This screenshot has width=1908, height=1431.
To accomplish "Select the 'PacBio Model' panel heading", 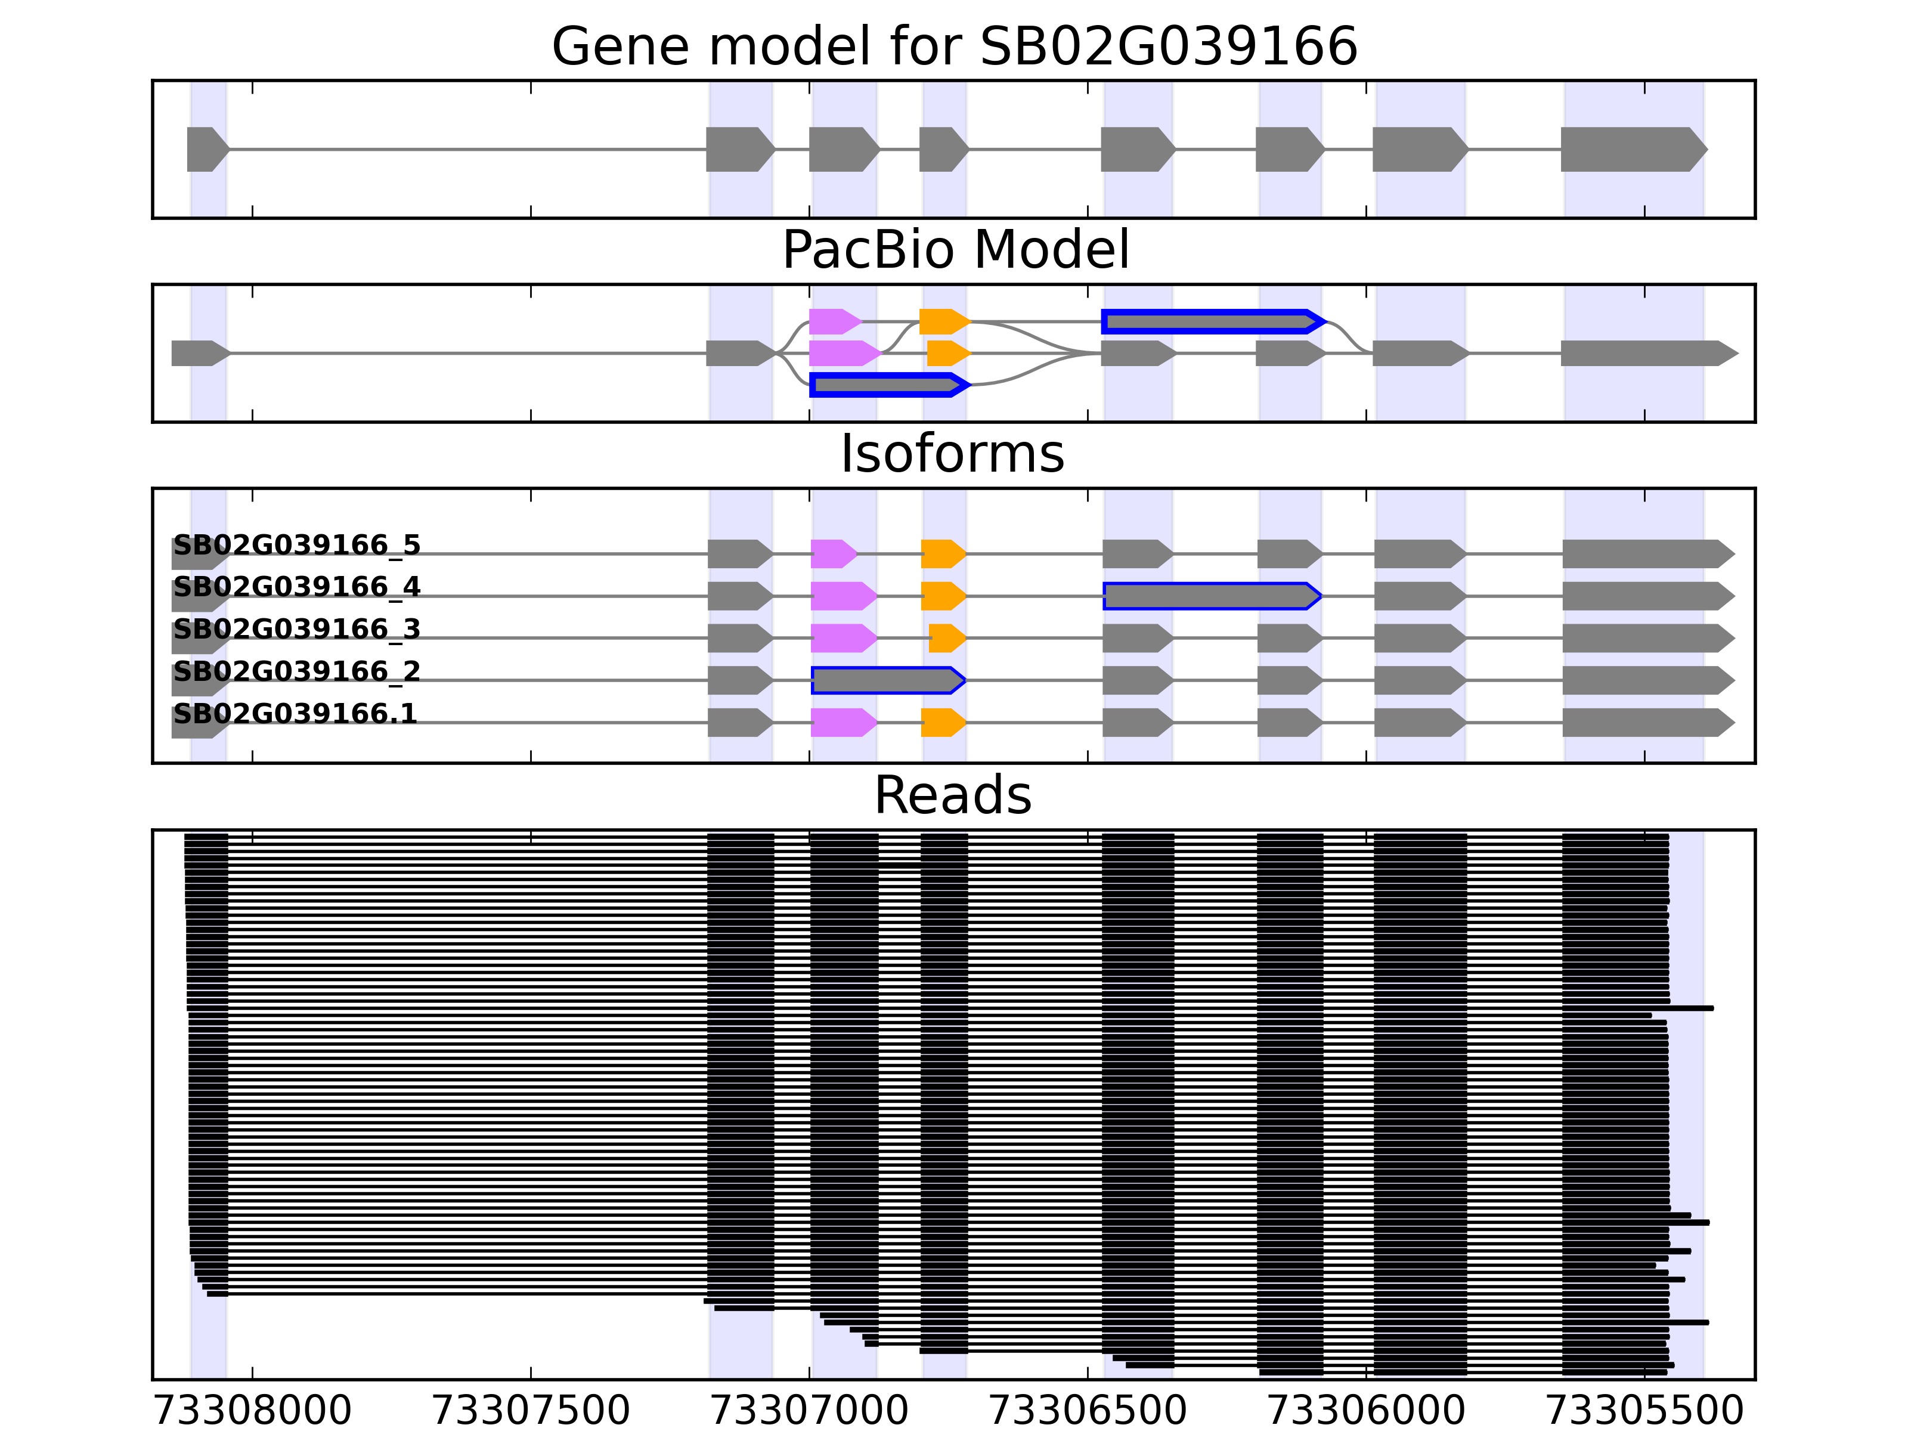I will click(954, 250).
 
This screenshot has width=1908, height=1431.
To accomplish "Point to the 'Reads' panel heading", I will click(952, 795).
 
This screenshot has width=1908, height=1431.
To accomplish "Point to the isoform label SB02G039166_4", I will click(297, 587).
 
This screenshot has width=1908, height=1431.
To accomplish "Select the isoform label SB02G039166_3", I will click(297, 630).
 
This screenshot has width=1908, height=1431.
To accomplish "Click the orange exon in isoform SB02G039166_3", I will click(946, 639).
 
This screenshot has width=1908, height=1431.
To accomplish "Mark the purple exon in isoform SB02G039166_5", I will click(832, 554).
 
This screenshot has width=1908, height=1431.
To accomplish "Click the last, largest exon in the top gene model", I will click(1630, 149).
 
